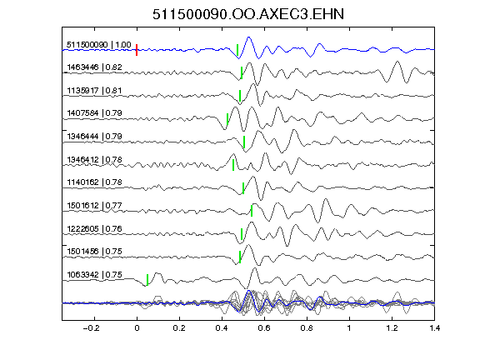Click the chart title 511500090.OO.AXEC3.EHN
coord(248,14)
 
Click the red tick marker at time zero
coord(137,50)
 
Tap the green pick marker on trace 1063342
coord(147,280)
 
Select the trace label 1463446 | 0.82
coord(95,67)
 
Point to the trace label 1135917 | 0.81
coord(94,91)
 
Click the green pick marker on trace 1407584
coord(227,119)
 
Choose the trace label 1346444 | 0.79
coord(95,136)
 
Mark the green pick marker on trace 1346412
coord(233,165)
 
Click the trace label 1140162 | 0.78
coord(95,182)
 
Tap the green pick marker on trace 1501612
coord(252,211)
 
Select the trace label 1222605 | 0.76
coord(95,228)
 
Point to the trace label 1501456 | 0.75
coord(95,252)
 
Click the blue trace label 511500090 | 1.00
coord(99,45)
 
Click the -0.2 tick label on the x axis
coord(92,328)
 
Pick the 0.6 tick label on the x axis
coord(264,328)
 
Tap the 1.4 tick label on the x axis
coord(434,328)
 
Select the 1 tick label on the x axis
coord(349,328)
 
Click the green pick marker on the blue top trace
coord(237,50)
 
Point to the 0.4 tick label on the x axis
coord(222,328)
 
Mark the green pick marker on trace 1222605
coord(242,234)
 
